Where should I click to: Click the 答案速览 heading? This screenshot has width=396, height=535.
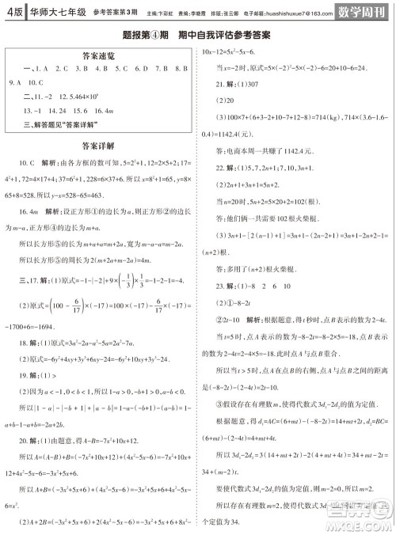tap(98, 56)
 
